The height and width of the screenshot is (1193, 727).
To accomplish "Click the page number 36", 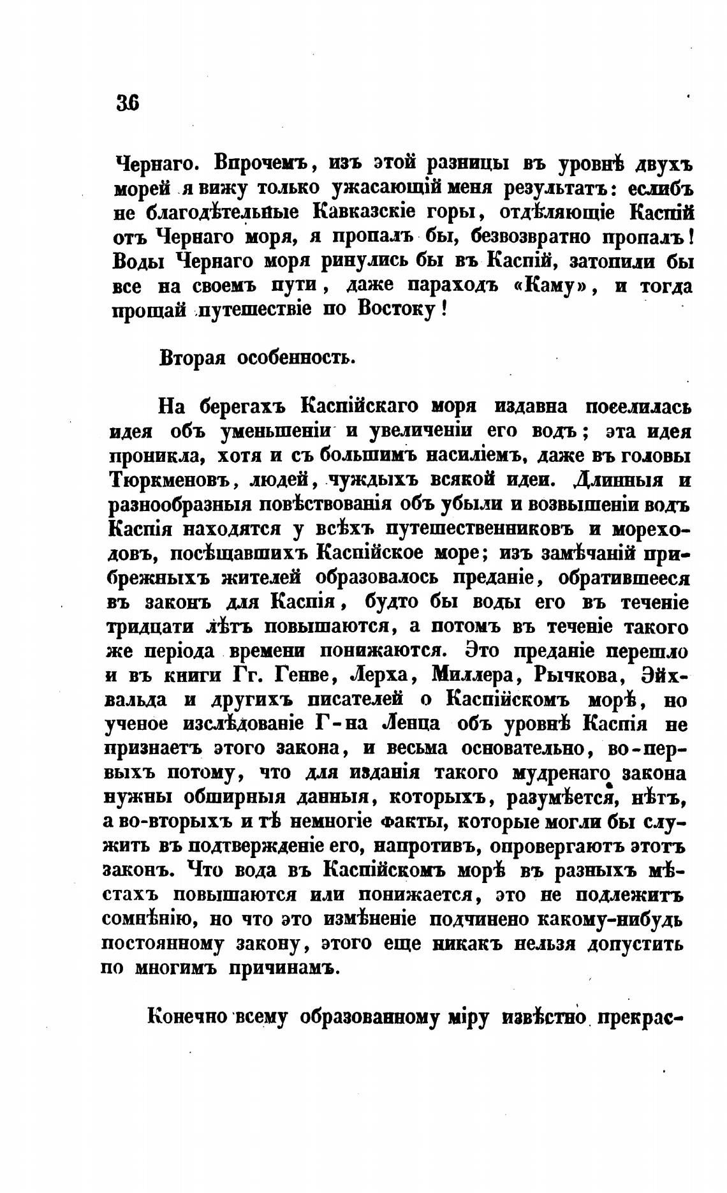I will tap(128, 102).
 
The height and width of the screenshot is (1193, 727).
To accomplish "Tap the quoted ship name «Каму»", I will tap(554, 286).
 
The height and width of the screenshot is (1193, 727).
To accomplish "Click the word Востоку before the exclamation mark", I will tap(393, 311).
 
